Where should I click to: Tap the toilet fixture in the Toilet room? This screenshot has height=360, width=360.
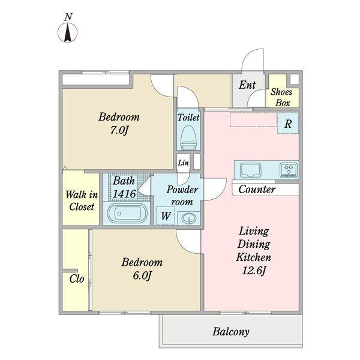coord(189,137)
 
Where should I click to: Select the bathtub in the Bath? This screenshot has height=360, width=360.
coord(127,214)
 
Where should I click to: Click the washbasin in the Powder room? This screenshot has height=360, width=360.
coord(189,218)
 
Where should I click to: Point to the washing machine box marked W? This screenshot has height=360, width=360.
coord(166,216)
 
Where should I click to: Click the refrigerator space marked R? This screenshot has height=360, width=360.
coord(288,123)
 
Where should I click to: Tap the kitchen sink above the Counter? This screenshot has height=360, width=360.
coord(250,170)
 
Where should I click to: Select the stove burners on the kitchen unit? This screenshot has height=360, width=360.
coord(289,170)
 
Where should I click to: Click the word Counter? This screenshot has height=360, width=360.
coord(257,190)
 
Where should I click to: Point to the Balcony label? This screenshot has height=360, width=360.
coord(231,332)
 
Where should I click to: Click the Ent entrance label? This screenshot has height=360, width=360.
coord(247,85)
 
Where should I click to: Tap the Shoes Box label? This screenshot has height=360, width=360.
coord(282,97)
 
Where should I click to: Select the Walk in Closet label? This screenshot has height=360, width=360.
coord(82,200)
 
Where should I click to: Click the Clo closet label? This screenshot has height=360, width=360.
coord(77,279)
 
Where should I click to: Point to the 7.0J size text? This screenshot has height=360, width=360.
coord(119,130)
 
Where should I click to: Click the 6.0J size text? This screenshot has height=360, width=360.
coord(142,275)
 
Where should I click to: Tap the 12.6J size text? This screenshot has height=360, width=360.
coord(254,271)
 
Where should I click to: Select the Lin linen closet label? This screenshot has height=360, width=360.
coord(183,163)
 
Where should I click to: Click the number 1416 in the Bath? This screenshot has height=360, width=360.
coord(124,194)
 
